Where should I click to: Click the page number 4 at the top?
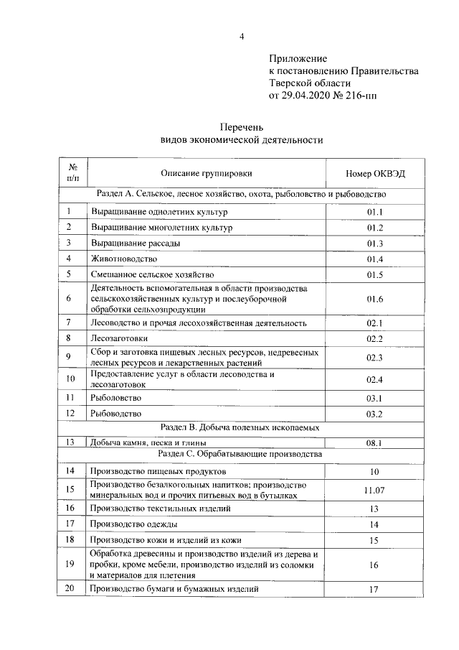pos(242,37)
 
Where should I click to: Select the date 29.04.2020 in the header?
pos(313,95)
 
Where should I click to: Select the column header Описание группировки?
pos(206,174)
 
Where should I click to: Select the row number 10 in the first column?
pos(70,379)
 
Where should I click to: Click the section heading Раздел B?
pos(241,428)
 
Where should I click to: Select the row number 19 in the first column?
pos(70,564)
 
